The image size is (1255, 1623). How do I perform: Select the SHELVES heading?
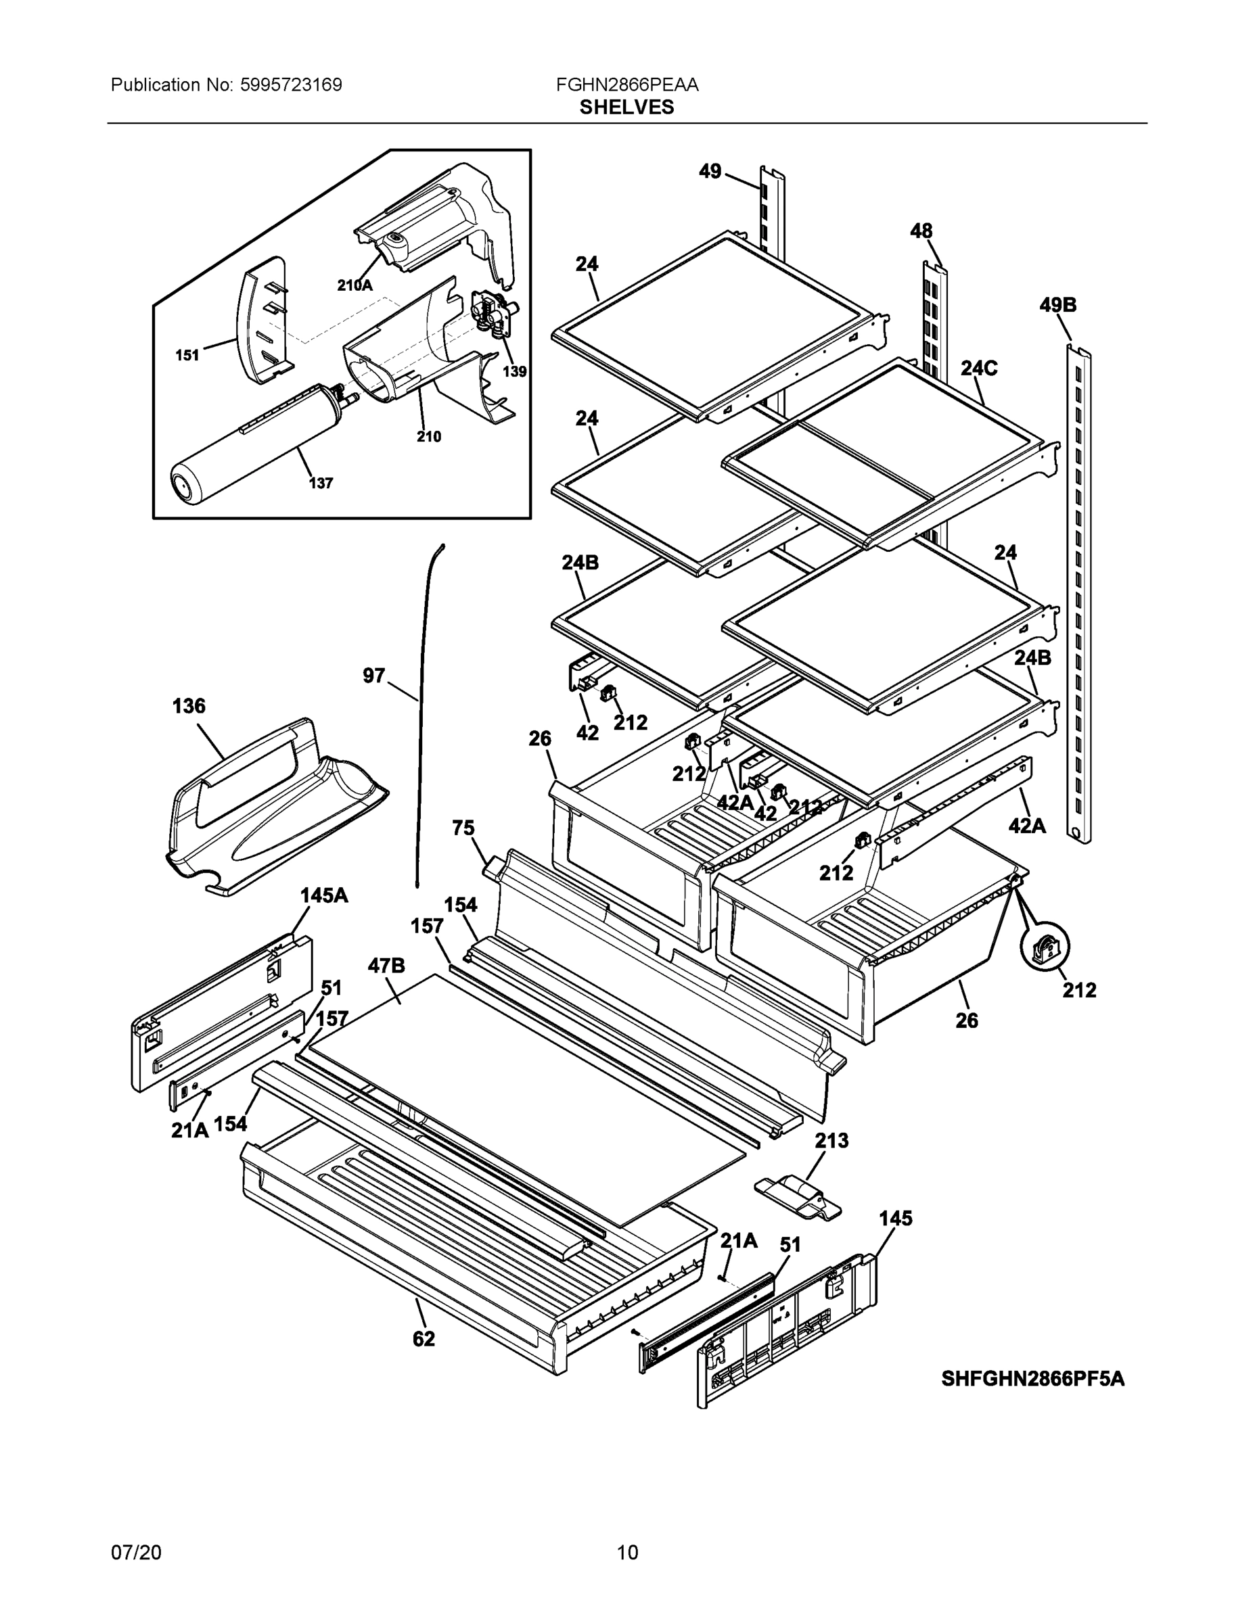coord(626,108)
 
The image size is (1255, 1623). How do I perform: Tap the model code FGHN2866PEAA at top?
coord(626,85)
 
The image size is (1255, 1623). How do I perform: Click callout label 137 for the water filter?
coord(321,483)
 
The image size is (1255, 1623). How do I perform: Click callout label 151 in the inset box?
coord(187,355)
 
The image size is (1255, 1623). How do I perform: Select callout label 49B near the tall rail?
coord(1057,306)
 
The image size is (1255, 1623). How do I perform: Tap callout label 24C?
coord(978,369)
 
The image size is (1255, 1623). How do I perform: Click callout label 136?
coord(189,706)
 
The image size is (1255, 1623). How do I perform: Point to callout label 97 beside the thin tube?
coord(374,676)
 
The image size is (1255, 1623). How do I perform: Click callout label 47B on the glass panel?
coord(386,965)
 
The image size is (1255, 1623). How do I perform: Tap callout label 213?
coord(831,1140)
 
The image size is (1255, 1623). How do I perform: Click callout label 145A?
coord(324,895)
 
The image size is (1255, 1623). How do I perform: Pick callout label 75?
coord(463,828)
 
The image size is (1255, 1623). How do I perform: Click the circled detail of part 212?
coord(1045,947)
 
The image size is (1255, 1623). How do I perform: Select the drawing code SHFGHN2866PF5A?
coord(1032,1380)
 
